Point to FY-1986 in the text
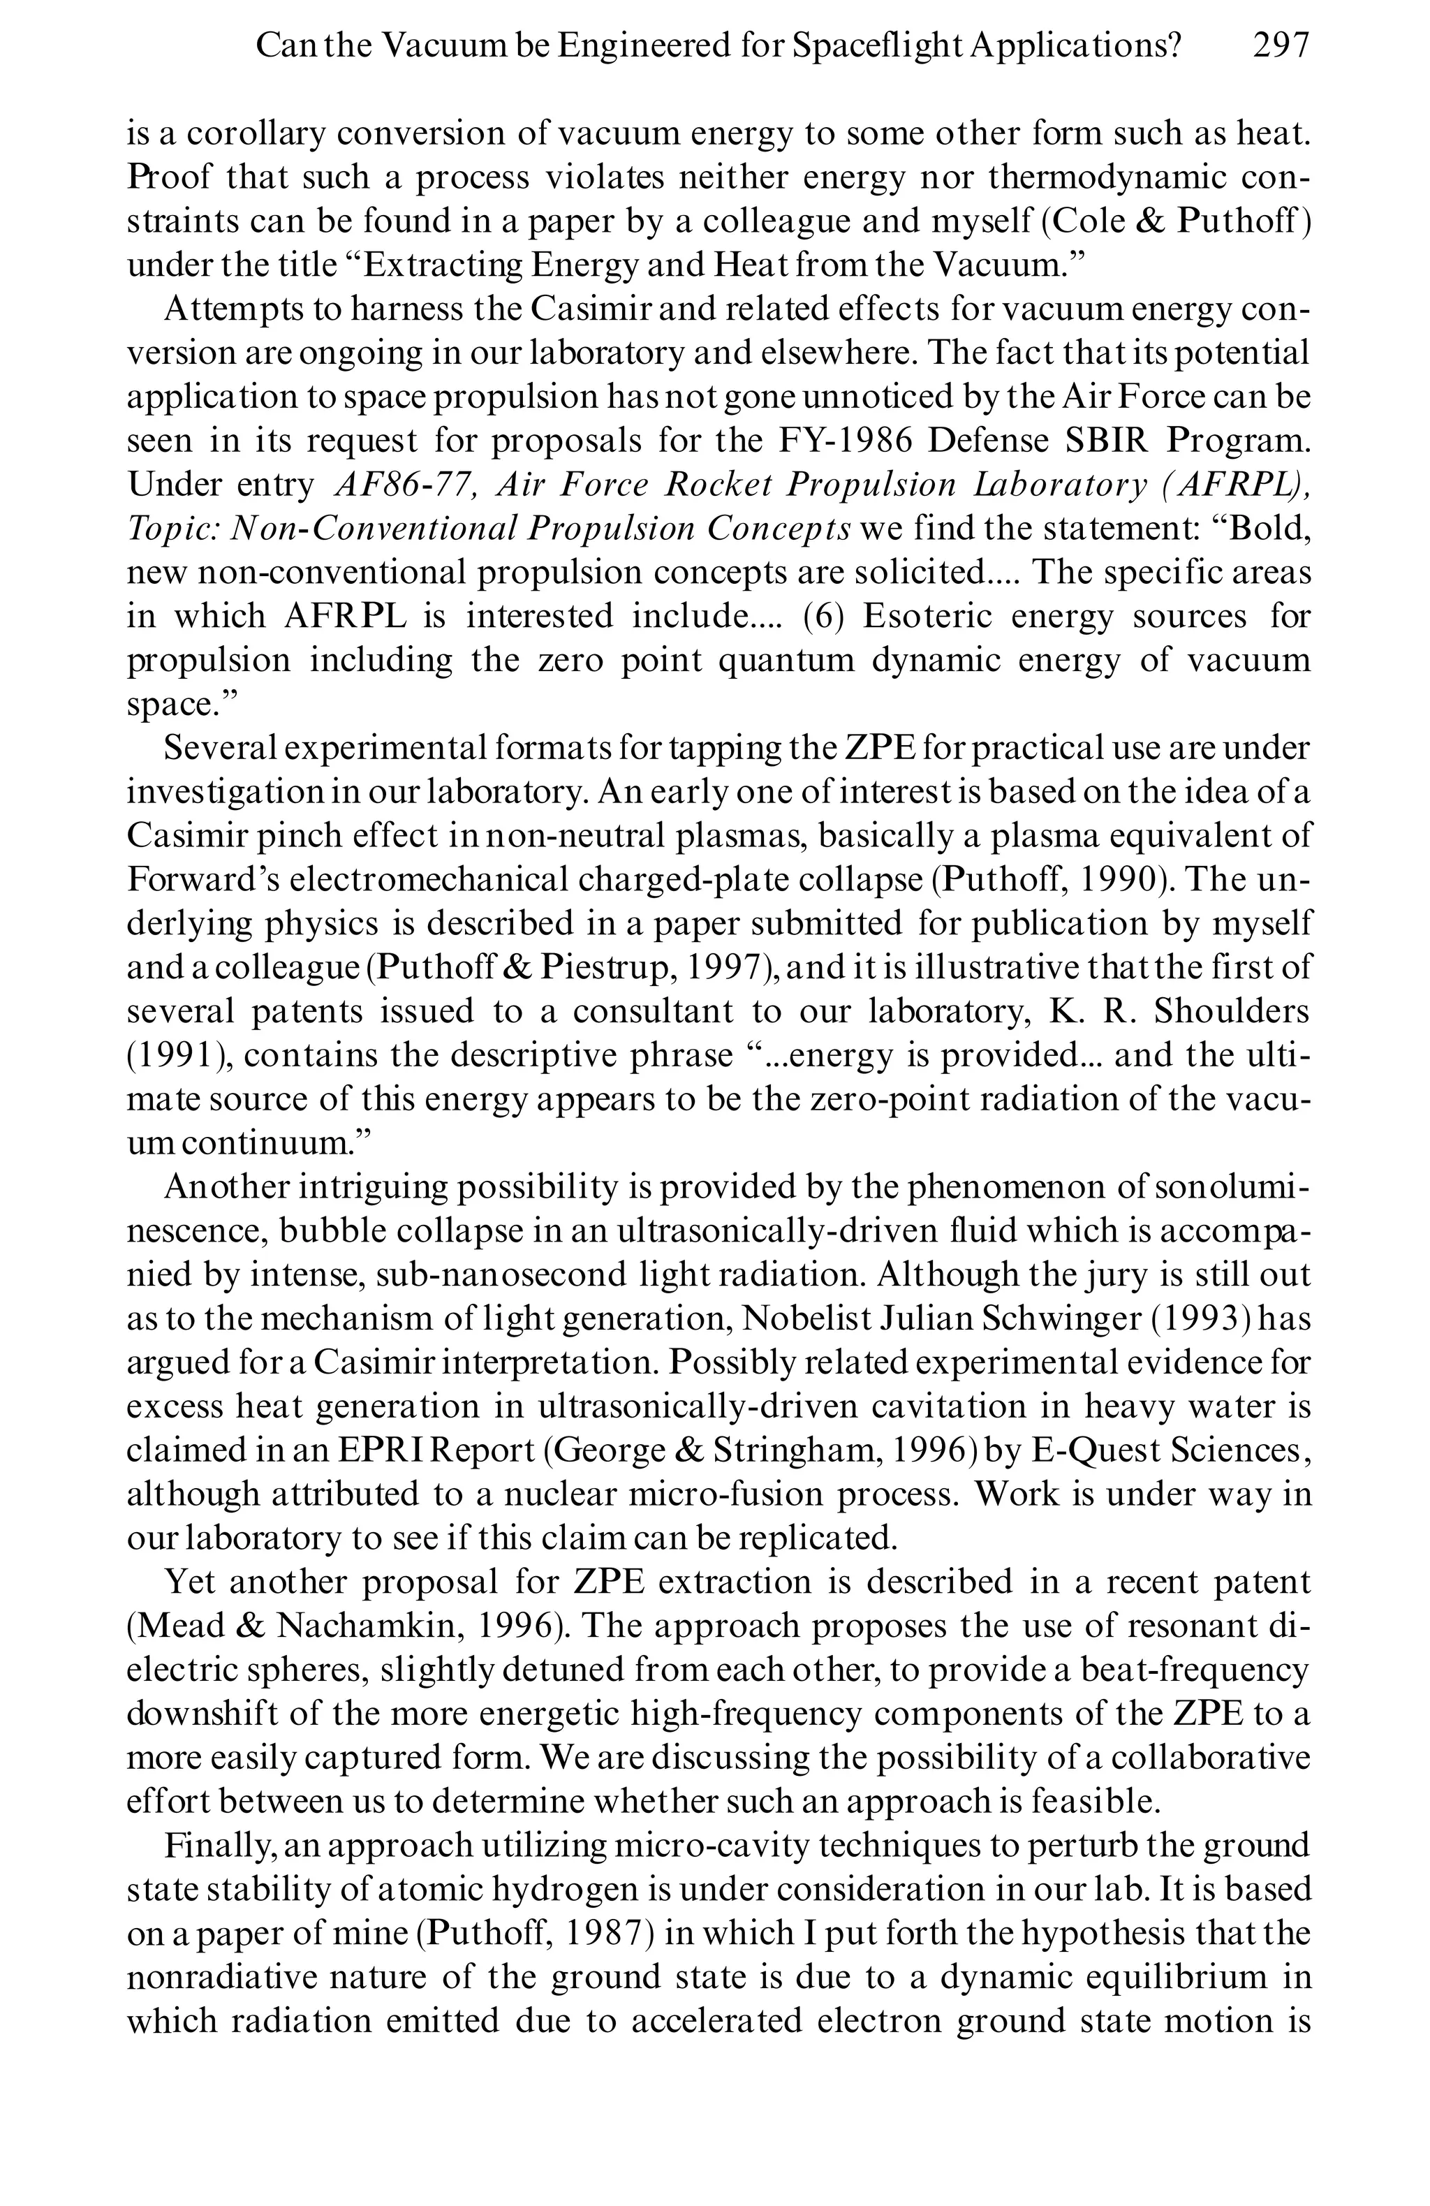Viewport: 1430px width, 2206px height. pyautogui.click(x=844, y=440)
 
